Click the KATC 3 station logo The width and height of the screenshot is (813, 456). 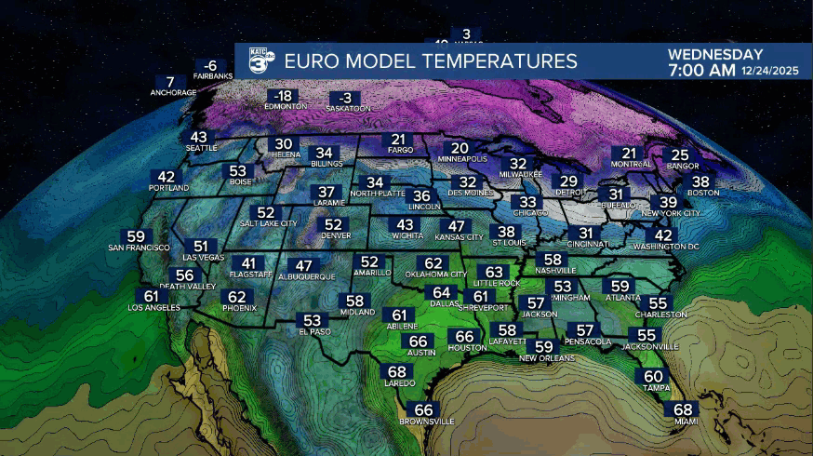(x=260, y=61)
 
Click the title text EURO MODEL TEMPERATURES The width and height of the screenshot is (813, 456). (x=430, y=62)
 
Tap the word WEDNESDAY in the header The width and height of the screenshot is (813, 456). (x=715, y=55)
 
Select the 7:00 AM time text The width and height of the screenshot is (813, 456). (x=702, y=71)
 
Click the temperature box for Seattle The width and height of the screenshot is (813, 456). (x=200, y=137)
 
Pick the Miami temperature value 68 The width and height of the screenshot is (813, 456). (x=684, y=409)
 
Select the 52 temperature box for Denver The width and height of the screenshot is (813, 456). (x=334, y=224)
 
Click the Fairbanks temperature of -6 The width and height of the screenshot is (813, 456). (x=210, y=65)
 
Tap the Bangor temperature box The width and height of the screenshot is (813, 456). (x=680, y=155)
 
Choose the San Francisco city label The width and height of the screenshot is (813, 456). (x=139, y=248)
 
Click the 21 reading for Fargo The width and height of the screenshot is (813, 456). (x=394, y=140)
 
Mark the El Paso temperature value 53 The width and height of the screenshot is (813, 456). (x=312, y=320)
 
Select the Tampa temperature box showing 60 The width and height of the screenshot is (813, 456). (x=654, y=376)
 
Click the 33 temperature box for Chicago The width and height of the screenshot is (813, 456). (x=527, y=202)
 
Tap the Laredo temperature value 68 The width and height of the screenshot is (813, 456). (x=394, y=371)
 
